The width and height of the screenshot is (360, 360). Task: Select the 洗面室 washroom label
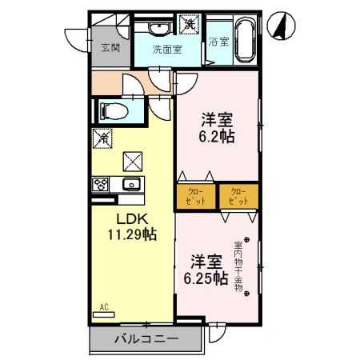[x=167, y=49]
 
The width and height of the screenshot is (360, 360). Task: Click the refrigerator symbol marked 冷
[x=102, y=138]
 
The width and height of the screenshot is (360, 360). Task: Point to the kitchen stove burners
[x=102, y=185]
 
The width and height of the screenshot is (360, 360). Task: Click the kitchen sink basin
[x=131, y=185]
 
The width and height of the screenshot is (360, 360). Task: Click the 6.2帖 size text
[x=216, y=136]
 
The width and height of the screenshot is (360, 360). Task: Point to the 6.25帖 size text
[x=206, y=278]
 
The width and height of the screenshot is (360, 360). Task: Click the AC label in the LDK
[x=104, y=306]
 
